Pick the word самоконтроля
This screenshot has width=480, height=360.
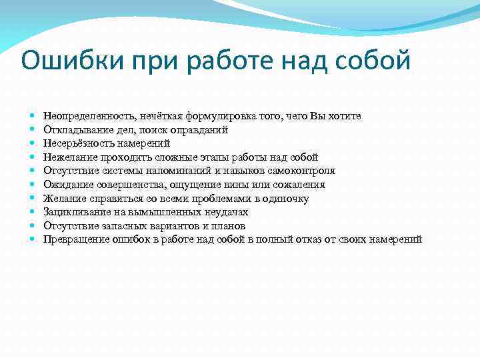point(301,171)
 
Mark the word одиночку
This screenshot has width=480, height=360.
point(287,199)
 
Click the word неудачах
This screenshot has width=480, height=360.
point(227,212)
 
